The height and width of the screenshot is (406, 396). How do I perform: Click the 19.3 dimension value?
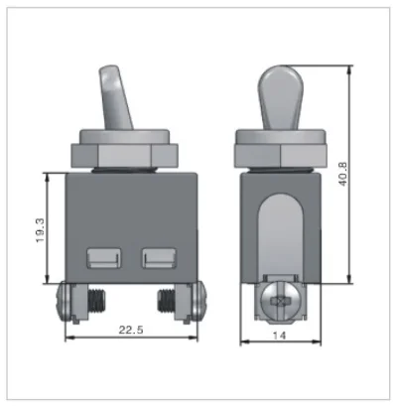[40, 230]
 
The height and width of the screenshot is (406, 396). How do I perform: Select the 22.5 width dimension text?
[131, 330]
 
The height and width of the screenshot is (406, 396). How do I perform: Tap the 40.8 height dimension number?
[342, 174]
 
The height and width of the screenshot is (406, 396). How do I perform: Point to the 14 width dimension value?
[279, 336]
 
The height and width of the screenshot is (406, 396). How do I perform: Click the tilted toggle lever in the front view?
[115, 96]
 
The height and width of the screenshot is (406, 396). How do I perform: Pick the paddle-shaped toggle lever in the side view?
[280, 96]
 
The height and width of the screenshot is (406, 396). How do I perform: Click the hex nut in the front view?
[125, 155]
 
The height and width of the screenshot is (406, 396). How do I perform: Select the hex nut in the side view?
[280, 155]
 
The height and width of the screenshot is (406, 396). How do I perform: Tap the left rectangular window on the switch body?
[103, 258]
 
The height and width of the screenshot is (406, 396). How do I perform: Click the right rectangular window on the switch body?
[159, 258]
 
